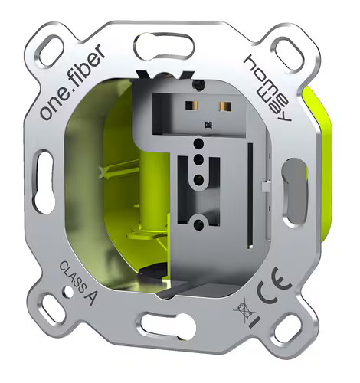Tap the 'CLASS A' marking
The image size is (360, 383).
pos(77,283)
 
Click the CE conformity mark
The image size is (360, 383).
pos(274,286)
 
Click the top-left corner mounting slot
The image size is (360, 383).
pos(51,52)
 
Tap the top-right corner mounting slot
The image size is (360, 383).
pos(288,54)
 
